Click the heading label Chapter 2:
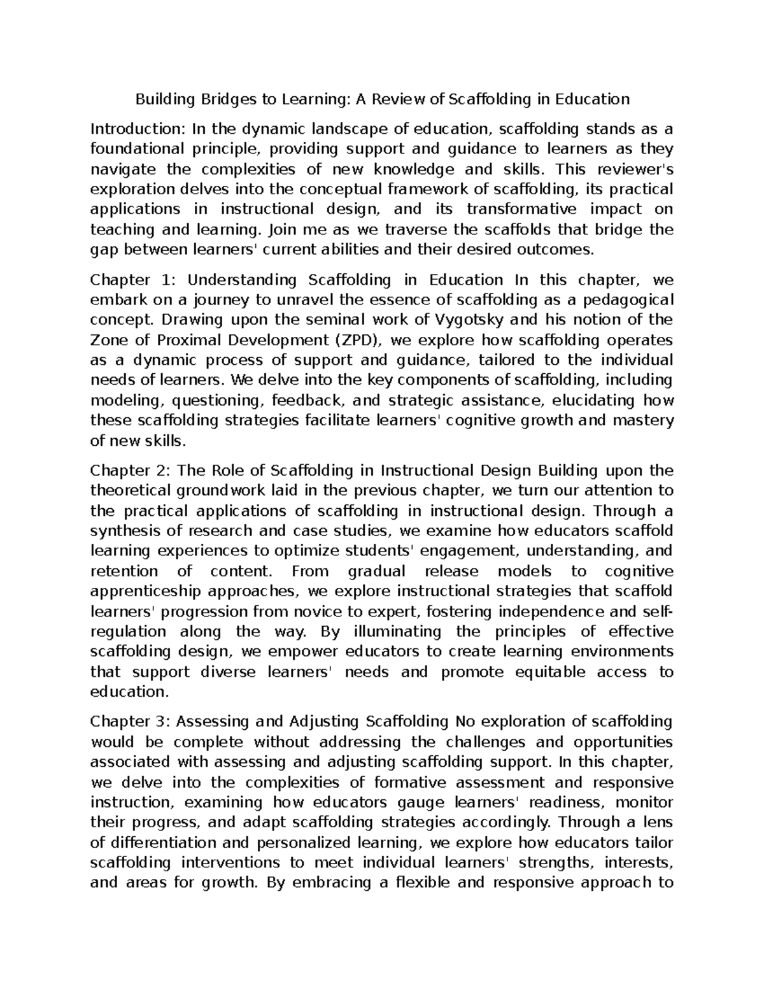[129, 471]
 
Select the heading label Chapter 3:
[129, 722]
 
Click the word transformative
[521, 210]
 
